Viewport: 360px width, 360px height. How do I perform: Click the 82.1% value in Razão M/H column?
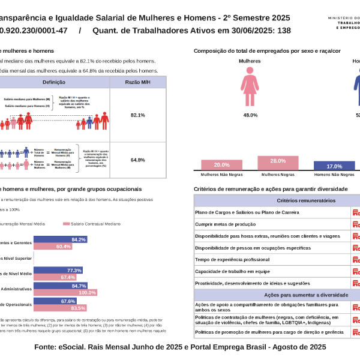pos(137,115)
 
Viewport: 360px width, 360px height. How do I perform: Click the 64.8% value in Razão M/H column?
pos(137,160)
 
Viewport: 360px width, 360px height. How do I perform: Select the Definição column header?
pos(58,82)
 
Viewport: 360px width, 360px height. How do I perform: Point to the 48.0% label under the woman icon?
pos(250,115)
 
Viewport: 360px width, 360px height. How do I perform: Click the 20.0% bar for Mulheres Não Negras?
pos(221,165)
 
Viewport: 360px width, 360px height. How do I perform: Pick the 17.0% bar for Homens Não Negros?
pos(334,166)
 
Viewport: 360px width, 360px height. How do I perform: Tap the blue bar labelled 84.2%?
pos(61,239)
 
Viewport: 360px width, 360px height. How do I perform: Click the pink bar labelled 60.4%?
pos(53,247)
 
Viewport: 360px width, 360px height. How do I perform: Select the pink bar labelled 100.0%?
pos(61,292)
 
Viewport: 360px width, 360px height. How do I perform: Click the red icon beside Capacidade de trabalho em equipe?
pos(356,271)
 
